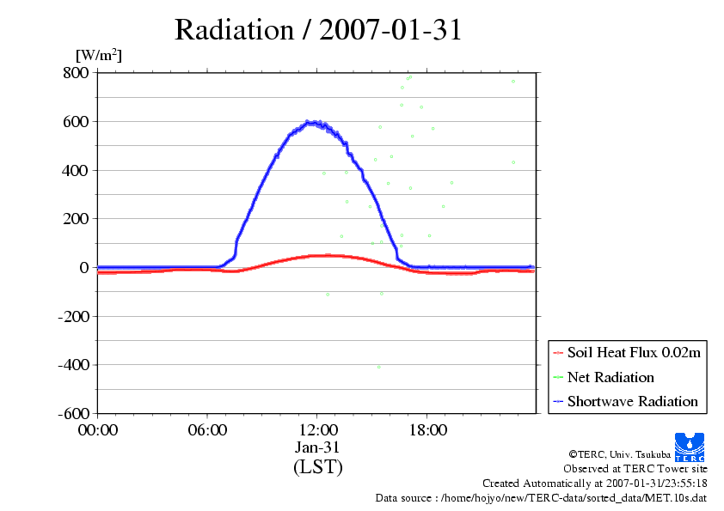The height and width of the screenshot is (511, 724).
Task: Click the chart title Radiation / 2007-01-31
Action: (318, 30)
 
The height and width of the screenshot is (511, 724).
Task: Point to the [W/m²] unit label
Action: (99, 55)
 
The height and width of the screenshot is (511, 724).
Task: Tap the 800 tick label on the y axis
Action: (77, 72)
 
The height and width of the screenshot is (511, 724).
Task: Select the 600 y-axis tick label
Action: (77, 121)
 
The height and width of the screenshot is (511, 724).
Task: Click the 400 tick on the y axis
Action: (77, 171)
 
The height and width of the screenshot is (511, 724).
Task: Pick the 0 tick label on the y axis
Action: (84, 267)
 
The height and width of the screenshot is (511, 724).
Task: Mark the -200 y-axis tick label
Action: (73, 316)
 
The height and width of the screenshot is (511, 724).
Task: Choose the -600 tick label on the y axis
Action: (73, 413)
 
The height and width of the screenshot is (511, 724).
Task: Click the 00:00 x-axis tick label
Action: (98, 430)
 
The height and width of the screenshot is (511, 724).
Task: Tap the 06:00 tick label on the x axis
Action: (207, 430)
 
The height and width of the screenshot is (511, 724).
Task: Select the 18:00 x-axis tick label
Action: (428, 430)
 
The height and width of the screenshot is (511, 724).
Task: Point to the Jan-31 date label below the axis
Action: (317, 447)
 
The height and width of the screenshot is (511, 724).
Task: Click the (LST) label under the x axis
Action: (318, 466)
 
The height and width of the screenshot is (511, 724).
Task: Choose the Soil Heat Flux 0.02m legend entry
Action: (627, 353)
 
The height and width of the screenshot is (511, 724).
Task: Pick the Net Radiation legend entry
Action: (604, 377)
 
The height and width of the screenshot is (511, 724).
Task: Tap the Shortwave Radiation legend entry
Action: (626, 401)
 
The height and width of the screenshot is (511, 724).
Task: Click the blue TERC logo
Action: (690, 447)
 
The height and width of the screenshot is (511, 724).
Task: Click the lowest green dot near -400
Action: (379, 367)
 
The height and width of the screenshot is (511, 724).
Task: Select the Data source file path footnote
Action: (541, 498)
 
